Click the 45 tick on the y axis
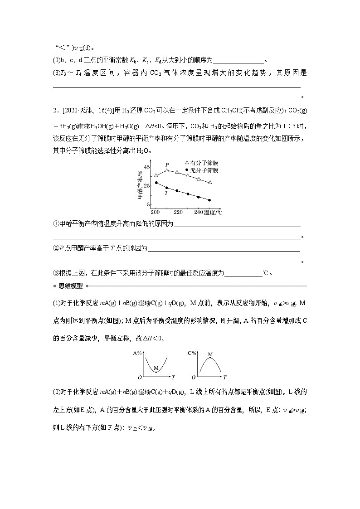[x=147, y=167]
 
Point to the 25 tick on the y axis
[x=147, y=186]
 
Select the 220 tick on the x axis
[x=178, y=212]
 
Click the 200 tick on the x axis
[x=156, y=212]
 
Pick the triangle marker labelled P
[x=167, y=170]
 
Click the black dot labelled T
[x=166, y=188]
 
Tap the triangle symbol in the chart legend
[x=186, y=163]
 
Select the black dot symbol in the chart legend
[x=186, y=170]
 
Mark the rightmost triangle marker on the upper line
[x=209, y=182]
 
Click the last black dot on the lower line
[x=209, y=200]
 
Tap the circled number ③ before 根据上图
[x=56, y=273]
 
